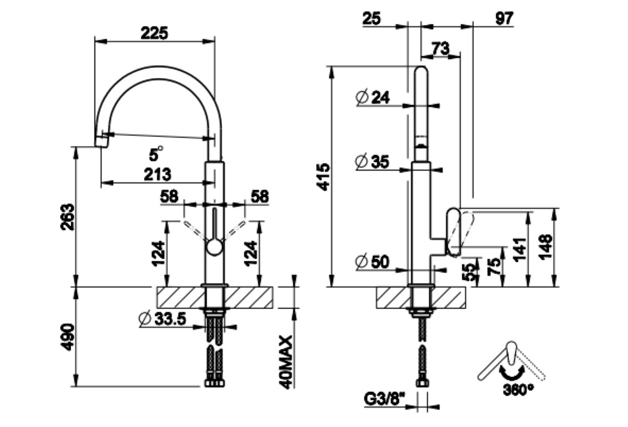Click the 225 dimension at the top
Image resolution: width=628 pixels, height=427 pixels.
(154, 33)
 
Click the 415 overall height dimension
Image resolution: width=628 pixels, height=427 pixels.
(325, 177)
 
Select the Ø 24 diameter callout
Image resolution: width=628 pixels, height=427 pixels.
(372, 98)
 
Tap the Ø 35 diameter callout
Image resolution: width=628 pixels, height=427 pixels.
(372, 162)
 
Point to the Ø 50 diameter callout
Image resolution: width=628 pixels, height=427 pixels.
(372, 261)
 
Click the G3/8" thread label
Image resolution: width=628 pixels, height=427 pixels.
(383, 399)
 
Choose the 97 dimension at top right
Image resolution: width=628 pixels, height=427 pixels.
(504, 18)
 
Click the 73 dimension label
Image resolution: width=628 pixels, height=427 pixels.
(440, 48)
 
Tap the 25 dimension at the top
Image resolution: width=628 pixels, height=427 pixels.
(371, 18)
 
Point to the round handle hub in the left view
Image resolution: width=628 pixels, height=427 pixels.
(214, 247)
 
